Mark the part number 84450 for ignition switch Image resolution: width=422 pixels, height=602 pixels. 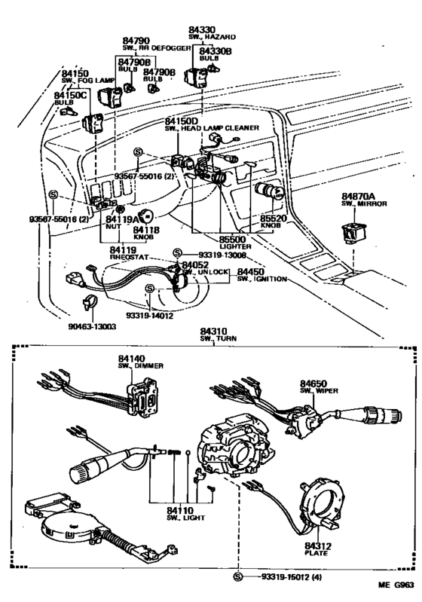pyautogui.click(x=251, y=272)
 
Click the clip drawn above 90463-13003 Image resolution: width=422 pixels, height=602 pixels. pyautogui.click(x=87, y=305)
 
